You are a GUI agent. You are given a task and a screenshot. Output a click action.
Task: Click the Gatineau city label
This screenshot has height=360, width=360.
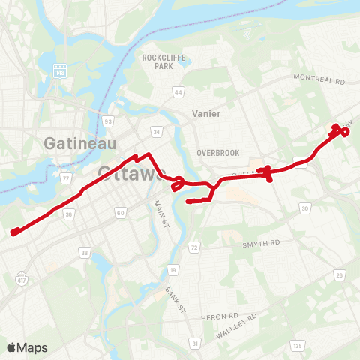(70, 142)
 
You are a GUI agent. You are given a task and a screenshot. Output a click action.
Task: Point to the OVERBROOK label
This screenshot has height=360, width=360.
(218, 153)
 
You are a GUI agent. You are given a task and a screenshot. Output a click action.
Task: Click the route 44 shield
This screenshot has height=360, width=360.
(178, 92)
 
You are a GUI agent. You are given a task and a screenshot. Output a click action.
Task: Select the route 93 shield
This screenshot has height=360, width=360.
(109, 120)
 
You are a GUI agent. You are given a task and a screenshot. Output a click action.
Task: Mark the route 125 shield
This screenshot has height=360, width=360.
(298, 345)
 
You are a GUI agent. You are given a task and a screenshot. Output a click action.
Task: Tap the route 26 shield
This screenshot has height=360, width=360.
(338, 276)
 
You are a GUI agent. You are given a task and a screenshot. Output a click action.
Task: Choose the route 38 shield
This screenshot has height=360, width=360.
(85, 253)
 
